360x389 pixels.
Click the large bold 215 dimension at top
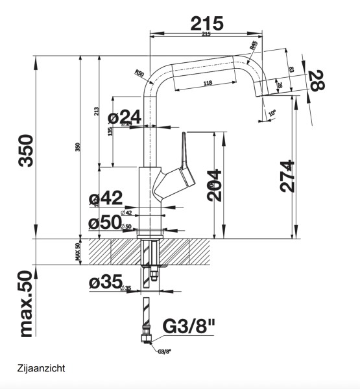[x=207, y=23]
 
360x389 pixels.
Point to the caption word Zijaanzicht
[x=42, y=368]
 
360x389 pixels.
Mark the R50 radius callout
[x=139, y=73]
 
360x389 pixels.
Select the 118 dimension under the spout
[x=208, y=83]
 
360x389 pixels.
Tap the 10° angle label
[x=272, y=112]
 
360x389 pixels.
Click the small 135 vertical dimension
[x=111, y=130]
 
